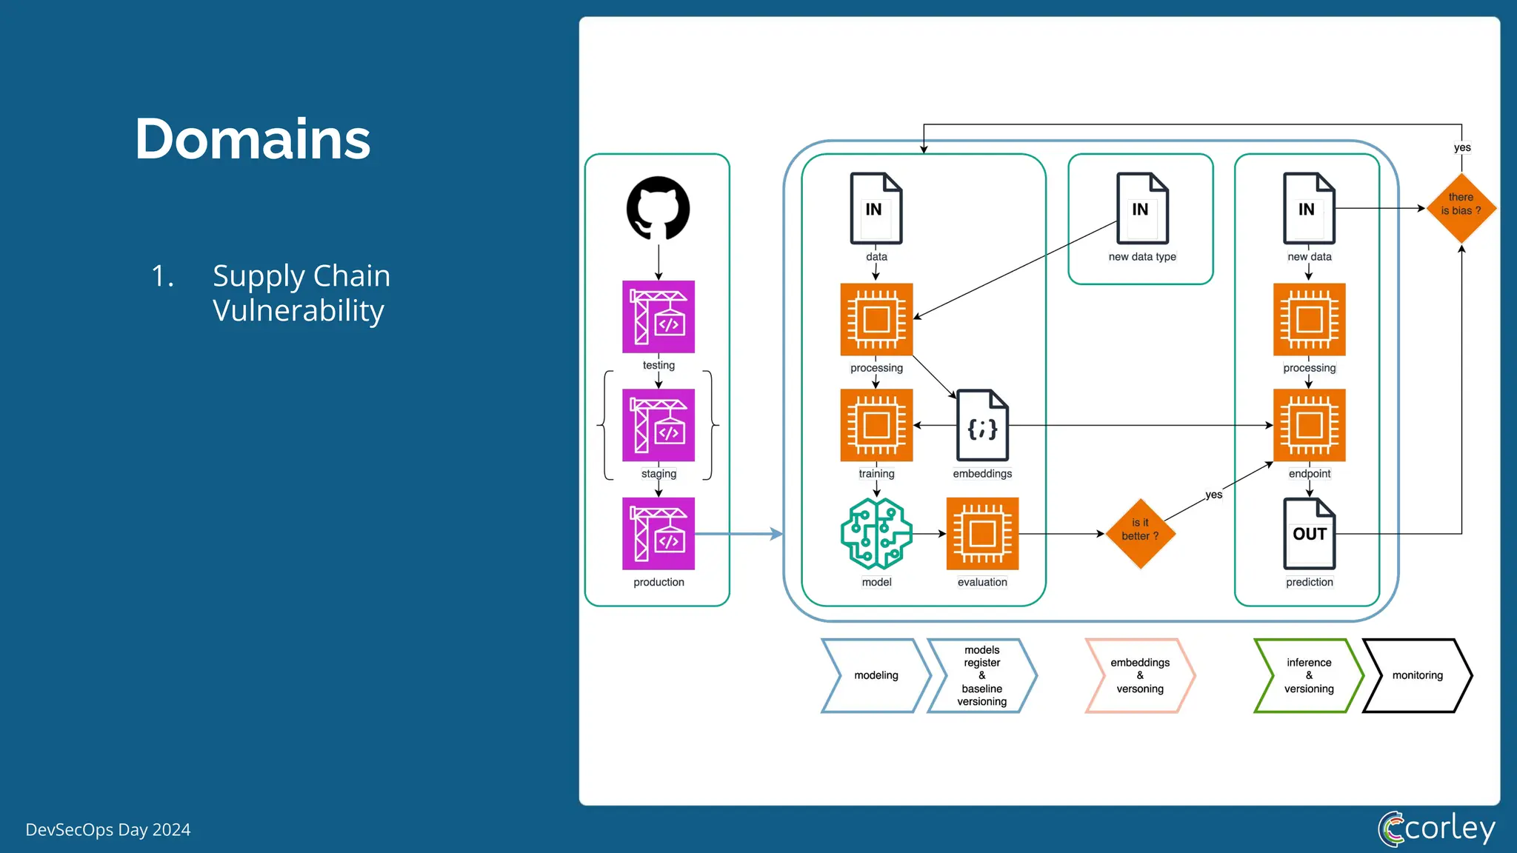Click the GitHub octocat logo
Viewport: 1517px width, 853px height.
point(658,208)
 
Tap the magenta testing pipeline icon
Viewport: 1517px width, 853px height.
point(658,316)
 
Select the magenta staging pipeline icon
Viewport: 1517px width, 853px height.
point(658,425)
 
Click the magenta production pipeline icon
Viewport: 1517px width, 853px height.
point(658,533)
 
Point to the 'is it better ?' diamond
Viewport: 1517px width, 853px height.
point(1140,533)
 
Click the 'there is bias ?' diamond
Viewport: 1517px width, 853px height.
point(1461,208)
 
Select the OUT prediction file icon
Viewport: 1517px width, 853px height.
point(1309,533)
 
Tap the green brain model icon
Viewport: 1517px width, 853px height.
point(876,533)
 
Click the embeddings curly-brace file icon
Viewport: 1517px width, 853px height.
point(982,426)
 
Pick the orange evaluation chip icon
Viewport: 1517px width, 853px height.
point(982,533)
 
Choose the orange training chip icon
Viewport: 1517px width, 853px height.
point(876,425)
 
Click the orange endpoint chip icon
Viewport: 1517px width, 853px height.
point(1309,425)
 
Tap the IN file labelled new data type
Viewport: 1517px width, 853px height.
point(1142,208)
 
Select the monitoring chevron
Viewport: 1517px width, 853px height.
point(1417,675)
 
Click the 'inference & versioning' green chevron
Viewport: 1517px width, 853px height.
point(1308,675)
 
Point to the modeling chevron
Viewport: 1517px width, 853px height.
point(876,675)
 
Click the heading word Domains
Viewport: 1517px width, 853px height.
point(253,139)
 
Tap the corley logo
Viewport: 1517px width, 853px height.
point(1437,828)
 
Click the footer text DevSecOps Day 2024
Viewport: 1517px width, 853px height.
point(108,830)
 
